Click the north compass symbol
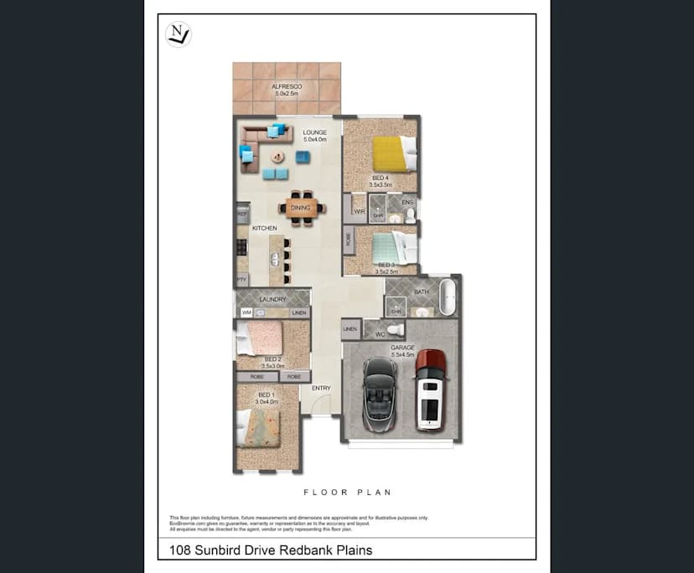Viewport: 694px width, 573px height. (179, 34)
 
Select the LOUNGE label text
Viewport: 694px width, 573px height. (315, 132)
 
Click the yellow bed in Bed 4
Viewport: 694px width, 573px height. (390, 154)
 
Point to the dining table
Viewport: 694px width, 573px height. (301, 208)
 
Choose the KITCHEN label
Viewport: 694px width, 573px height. (264, 228)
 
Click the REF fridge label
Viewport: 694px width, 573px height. (242, 214)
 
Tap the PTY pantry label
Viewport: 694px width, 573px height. (241, 281)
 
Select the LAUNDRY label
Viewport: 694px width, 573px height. (273, 299)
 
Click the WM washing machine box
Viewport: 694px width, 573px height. (246, 312)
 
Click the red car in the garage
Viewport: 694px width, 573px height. (429, 390)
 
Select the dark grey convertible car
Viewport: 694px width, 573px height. (380, 390)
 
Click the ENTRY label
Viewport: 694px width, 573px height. (321, 388)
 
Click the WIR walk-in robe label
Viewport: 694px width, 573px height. (358, 211)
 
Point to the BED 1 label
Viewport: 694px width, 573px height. (266, 395)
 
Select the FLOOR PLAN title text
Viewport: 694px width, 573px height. (347, 493)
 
